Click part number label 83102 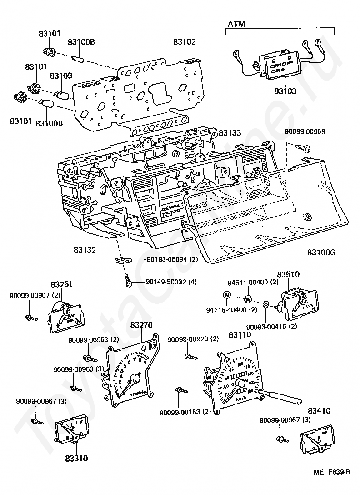184,42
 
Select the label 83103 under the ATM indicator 285,91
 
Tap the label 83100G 321,252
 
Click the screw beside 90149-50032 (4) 129,282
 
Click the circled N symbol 226,295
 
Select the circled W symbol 248,299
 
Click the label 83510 289,275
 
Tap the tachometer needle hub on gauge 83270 135,378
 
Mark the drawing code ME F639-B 331,472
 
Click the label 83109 61,76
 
